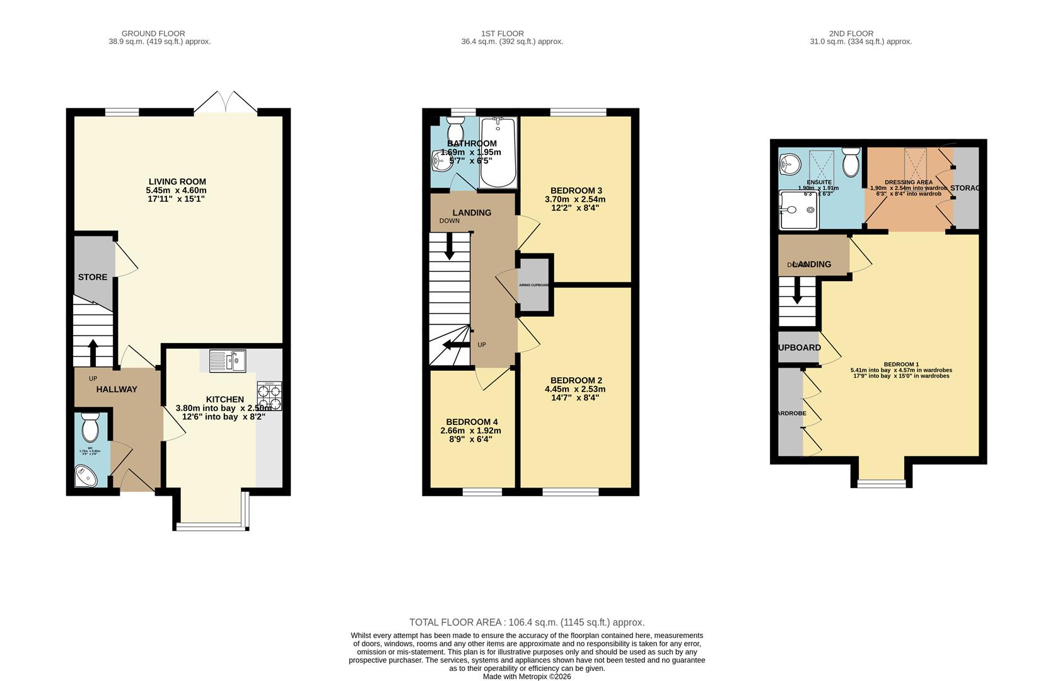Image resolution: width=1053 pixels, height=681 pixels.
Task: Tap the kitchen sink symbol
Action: (x=227, y=361)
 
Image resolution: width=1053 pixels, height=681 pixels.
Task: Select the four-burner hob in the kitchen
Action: (x=269, y=396)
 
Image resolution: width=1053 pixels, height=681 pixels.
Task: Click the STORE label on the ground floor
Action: (x=93, y=277)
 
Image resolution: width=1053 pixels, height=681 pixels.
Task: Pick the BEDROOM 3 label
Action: (x=576, y=190)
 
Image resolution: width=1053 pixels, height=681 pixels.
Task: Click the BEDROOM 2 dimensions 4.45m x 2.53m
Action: (x=575, y=389)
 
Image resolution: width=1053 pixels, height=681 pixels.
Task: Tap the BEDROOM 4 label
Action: (x=472, y=422)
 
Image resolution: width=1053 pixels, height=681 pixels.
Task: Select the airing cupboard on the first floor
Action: (x=534, y=285)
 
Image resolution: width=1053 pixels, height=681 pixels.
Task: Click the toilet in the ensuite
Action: (x=851, y=163)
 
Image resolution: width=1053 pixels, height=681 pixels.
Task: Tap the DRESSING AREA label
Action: (x=908, y=182)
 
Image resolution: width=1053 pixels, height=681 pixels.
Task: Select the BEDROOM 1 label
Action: (x=901, y=364)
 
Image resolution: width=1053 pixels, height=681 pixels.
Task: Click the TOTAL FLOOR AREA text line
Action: (x=526, y=622)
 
